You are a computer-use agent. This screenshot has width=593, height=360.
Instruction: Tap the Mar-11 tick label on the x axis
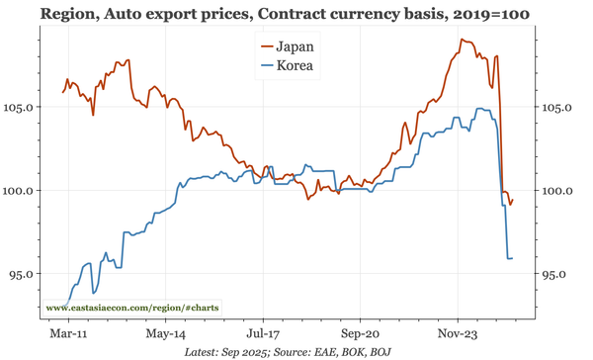[x=68, y=334]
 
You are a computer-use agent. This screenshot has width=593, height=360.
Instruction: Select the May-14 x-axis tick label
[x=167, y=334]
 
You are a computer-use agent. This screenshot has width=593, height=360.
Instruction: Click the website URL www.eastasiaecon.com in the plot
[x=132, y=309]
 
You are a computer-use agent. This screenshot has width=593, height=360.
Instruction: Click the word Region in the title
[x=70, y=14]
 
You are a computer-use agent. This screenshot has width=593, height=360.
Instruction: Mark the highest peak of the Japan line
[x=462, y=40]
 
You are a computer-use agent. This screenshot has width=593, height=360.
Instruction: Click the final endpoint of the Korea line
[x=512, y=258]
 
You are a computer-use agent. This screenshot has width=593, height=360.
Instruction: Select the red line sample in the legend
[x=265, y=46]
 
